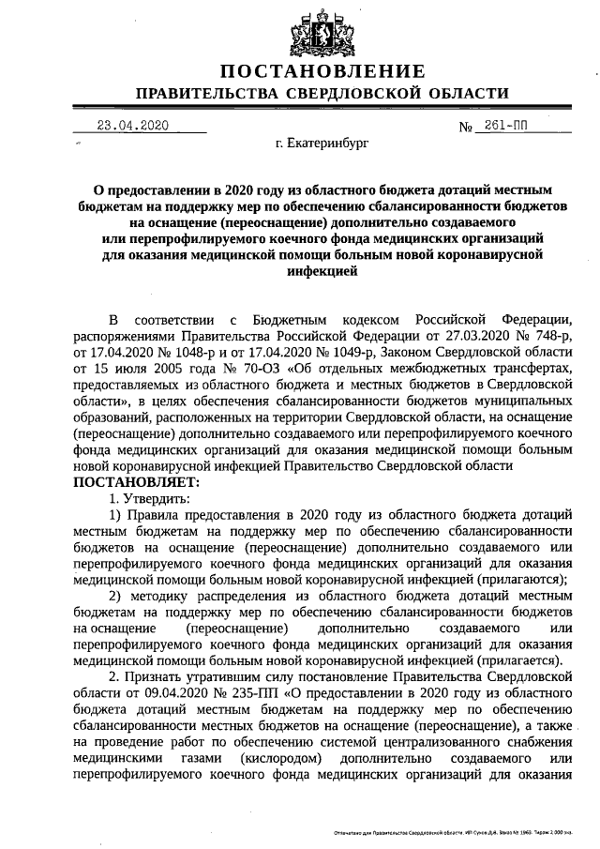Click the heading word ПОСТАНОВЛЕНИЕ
coord(322,71)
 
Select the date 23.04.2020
coord(133,127)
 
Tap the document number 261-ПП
coord(506,127)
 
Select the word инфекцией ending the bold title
coord(322,269)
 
